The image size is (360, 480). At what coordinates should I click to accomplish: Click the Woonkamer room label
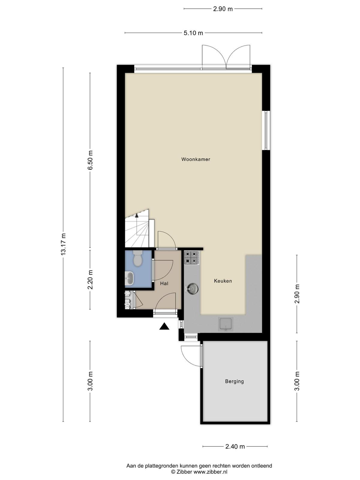coord(196,159)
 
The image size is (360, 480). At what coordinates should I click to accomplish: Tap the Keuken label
coord(223,281)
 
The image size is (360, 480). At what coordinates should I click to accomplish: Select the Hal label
coord(164,283)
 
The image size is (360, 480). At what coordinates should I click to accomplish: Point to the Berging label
coord(234,381)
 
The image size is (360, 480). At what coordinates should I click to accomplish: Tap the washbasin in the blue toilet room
coord(129,278)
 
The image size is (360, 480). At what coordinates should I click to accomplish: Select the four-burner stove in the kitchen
coord(192,258)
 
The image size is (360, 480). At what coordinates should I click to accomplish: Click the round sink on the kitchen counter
coord(192,288)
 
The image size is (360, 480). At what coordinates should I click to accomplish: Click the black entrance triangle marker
coord(164,326)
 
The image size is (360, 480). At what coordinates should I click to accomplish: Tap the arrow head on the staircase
coord(136,215)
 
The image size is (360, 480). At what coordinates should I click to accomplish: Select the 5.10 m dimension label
coord(193,33)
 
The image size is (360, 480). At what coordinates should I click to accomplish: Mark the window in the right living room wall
coord(266,130)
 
